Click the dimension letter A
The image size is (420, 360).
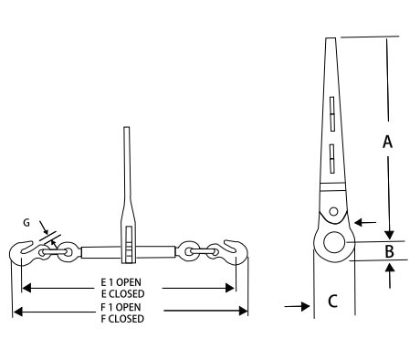coord(387,142)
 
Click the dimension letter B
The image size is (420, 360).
coord(390,251)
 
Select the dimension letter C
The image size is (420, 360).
coord(332,301)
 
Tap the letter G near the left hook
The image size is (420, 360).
coord(26,223)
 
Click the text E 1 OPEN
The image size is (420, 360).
coord(121,282)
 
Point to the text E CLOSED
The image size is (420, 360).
coord(123,294)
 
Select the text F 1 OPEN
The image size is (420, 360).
coord(121,307)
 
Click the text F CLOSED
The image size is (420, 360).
coord(122,319)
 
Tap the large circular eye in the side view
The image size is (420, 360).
coord(334,242)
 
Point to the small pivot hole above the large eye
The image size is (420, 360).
coord(333,211)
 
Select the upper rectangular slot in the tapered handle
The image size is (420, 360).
coord(332,114)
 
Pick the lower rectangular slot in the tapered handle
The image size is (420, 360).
coord(332,159)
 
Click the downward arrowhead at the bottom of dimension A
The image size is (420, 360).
coord(389,236)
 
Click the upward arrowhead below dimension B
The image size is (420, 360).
coord(390,267)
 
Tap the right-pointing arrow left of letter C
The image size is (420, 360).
coord(298,306)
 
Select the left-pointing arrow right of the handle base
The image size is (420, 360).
coord(365,223)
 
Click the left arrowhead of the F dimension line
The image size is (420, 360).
coord(18,312)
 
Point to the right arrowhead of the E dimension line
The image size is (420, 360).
coord(229,288)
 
